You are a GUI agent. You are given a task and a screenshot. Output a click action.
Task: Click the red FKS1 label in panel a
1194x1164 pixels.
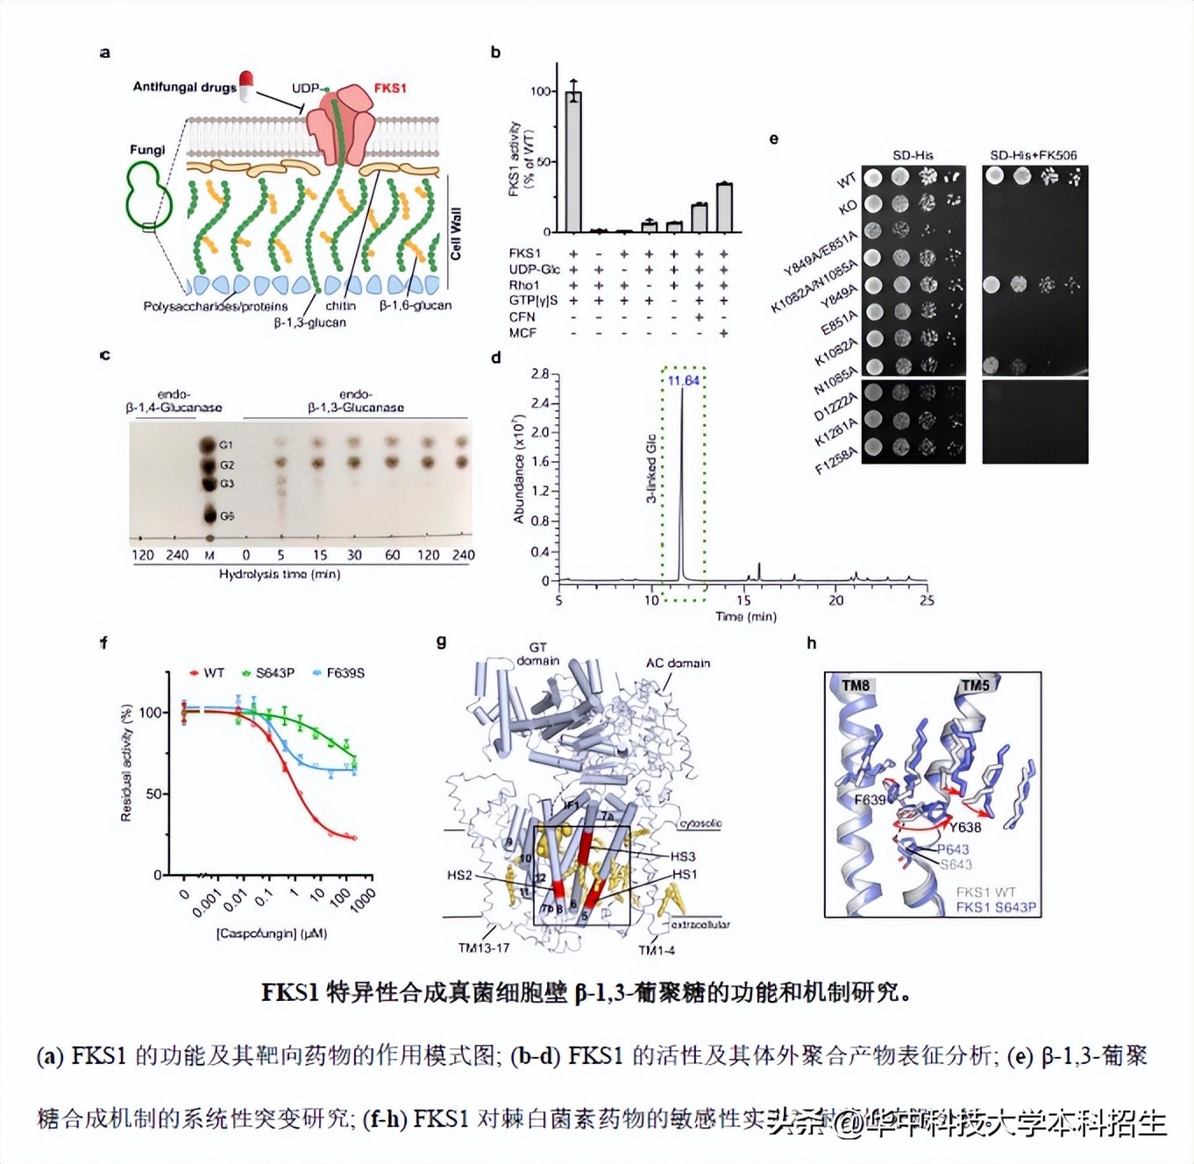tap(390, 88)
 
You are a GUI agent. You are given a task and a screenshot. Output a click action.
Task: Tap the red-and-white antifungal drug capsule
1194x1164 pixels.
tap(246, 85)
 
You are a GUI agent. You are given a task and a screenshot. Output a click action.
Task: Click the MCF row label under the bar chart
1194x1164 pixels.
tap(522, 333)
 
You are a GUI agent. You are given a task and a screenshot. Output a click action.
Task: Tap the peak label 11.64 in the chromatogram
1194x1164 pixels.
tap(684, 380)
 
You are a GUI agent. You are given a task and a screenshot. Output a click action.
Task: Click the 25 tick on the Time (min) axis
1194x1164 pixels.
tap(927, 600)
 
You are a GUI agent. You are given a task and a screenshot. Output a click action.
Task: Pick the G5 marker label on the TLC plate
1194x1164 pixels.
tap(227, 516)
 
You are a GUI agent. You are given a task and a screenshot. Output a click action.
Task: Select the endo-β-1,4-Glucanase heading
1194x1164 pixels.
tap(174, 401)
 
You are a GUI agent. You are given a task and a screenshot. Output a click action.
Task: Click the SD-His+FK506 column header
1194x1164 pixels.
tap(1033, 155)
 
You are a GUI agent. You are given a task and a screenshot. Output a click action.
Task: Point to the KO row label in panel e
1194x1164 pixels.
tap(847, 207)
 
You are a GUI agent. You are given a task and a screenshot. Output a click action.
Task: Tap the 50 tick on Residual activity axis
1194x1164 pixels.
tap(153, 794)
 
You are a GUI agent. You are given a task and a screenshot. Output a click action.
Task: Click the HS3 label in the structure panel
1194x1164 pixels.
tap(683, 856)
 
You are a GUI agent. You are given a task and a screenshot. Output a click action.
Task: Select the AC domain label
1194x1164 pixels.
tap(678, 663)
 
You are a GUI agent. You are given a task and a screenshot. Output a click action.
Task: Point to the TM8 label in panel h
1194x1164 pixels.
tap(856, 685)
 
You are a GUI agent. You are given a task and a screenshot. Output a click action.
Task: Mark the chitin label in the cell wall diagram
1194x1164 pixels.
tap(340, 305)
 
